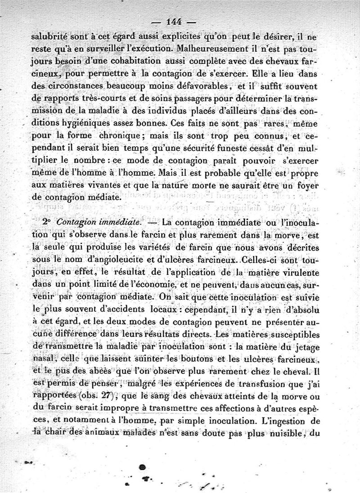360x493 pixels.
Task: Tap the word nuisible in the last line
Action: coord(286,433)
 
